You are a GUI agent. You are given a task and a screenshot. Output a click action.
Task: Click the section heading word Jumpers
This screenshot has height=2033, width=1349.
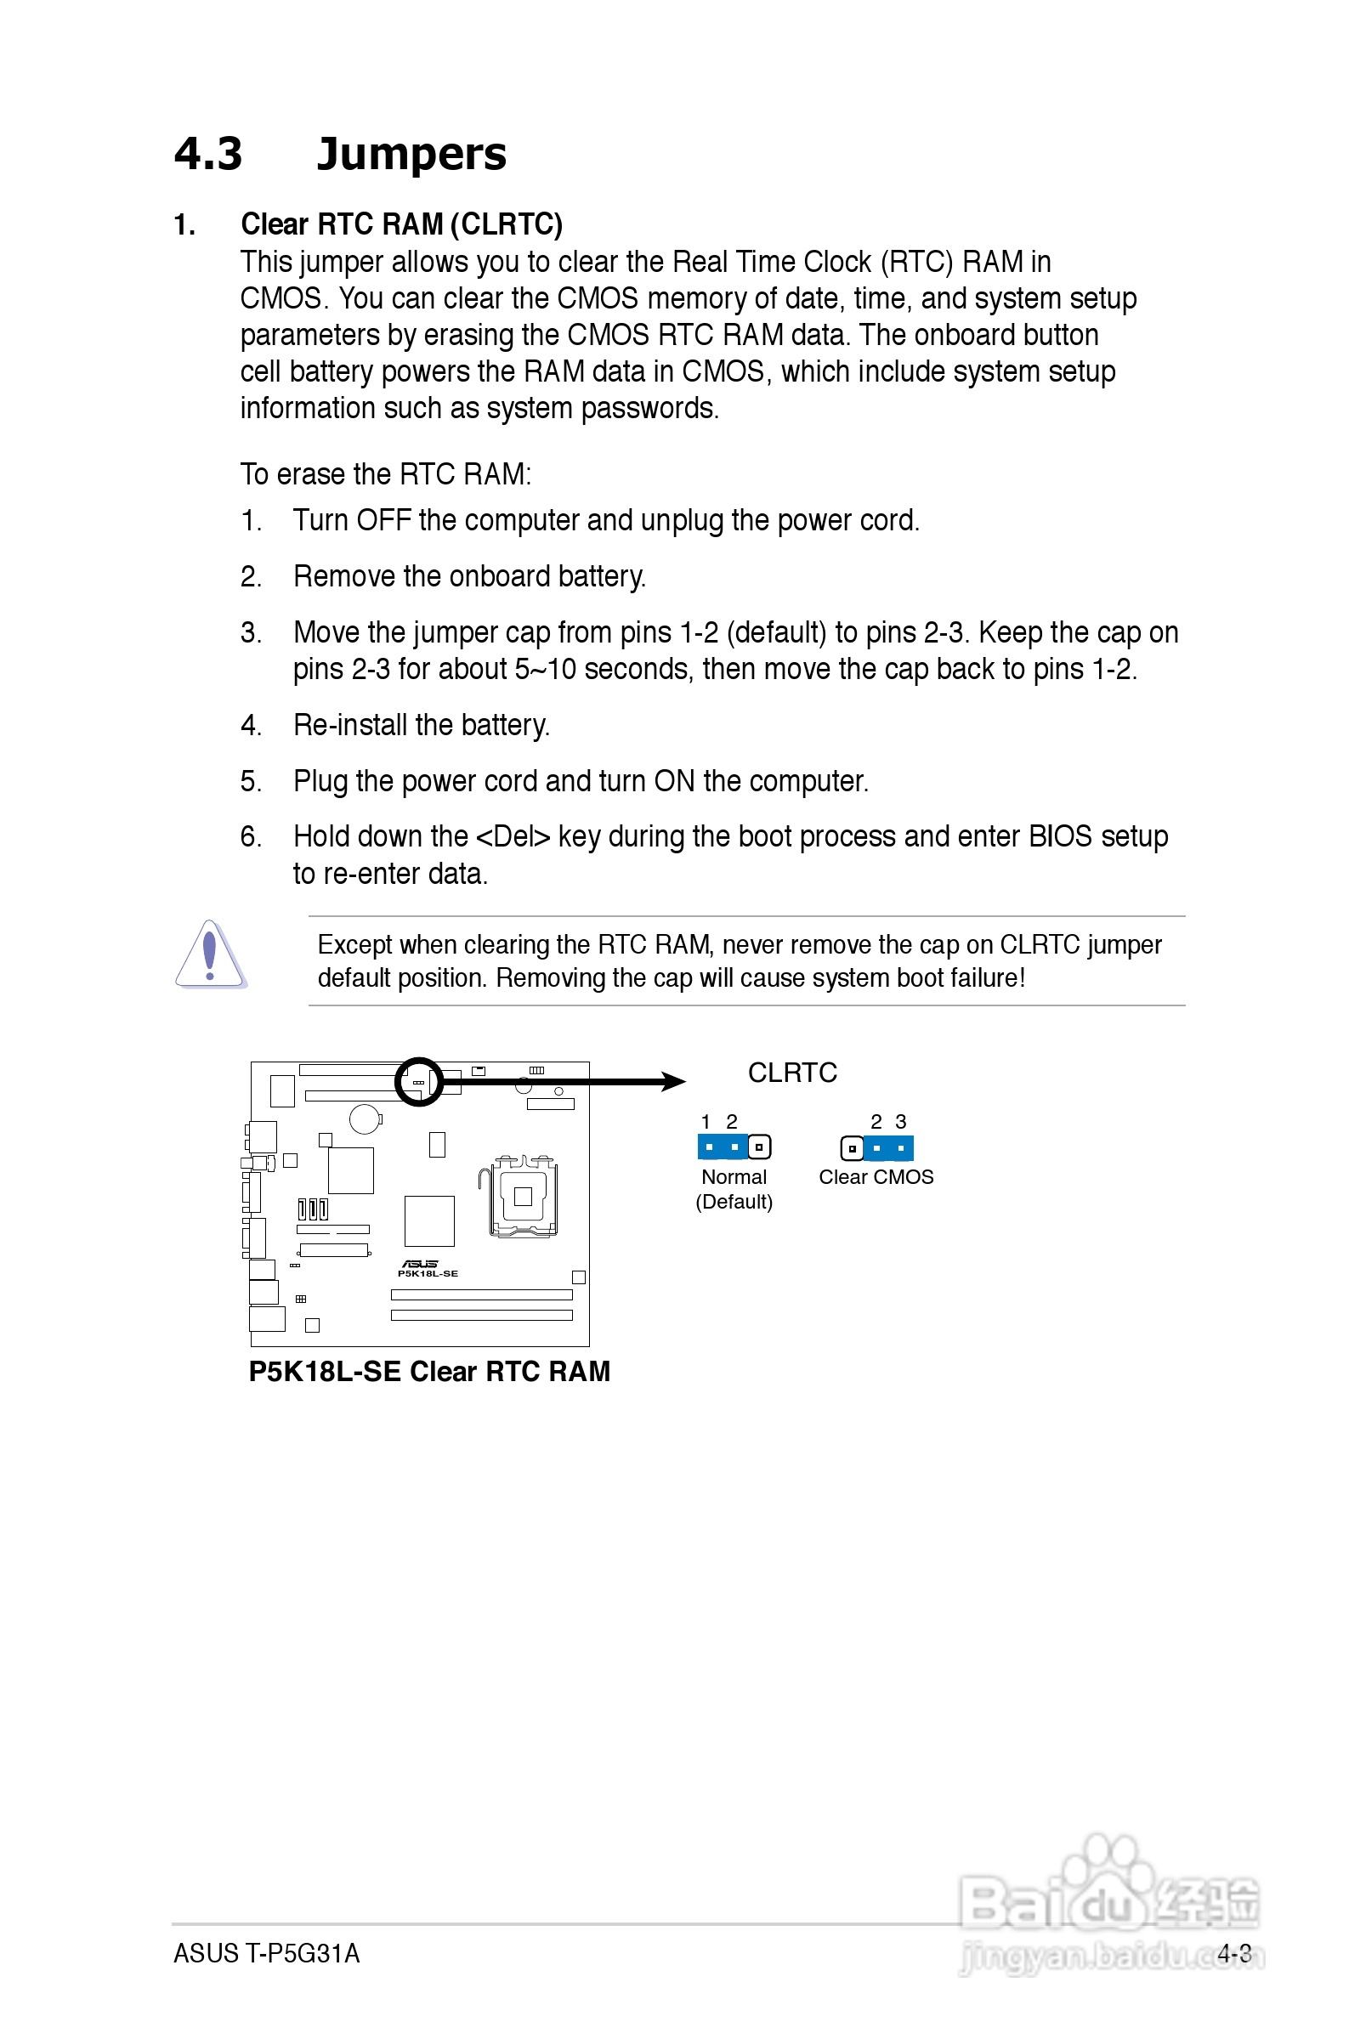coord(411,155)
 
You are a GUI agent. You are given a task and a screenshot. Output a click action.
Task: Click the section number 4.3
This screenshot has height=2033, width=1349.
coord(208,155)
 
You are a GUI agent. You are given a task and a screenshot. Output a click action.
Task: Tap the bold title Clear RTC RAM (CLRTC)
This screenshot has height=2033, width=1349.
coord(401,224)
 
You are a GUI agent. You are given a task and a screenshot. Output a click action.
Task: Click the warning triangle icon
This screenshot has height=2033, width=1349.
coord(210,954)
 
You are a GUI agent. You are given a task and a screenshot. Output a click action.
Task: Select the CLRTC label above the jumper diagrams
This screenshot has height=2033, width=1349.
coord(791,1073)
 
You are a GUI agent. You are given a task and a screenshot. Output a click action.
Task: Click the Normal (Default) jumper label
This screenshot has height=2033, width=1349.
coord(734,1188)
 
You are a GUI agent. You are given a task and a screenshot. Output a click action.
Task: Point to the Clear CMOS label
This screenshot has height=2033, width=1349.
coord(876,1176)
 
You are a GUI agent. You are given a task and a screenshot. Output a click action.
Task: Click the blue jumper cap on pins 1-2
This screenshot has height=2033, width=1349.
coord(722,1147)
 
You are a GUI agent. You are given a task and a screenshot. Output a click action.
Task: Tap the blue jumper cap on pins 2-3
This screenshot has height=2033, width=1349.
coord(889,1148)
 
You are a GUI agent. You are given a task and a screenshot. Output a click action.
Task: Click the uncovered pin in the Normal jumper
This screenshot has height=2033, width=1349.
coord(759,1147)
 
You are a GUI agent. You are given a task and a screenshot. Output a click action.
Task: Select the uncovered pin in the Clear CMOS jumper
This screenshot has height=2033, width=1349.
coord(852,1148)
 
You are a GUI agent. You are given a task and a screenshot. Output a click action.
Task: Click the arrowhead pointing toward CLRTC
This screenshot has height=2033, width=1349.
coord(673,1082)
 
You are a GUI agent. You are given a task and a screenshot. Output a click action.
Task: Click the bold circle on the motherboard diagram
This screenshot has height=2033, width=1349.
coord(419,1082)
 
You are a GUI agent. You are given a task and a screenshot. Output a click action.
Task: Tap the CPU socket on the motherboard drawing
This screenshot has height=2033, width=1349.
coord(522,1195)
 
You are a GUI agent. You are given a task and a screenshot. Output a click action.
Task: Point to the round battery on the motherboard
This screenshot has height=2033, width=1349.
coord(365,1118)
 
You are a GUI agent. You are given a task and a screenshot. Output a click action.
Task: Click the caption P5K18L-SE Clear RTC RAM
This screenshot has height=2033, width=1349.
coord(429,1371)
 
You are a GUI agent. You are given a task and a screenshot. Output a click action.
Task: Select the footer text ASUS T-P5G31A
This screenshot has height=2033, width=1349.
coord(267,1953)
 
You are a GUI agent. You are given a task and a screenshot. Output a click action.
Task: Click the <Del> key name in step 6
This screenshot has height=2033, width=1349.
coord(513,836)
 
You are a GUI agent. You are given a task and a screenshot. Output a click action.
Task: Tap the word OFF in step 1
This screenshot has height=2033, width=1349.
coord(383,520)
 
